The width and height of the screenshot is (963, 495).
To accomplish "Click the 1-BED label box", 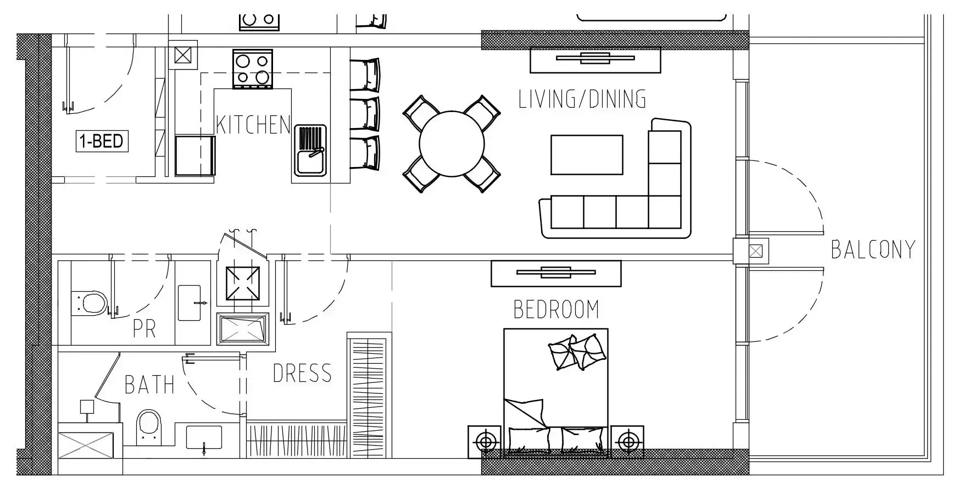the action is (x=102, y=141).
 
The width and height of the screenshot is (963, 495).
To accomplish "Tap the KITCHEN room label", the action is (x=253, y=125).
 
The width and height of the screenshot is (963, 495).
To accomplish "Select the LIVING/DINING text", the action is (x=582, y=99).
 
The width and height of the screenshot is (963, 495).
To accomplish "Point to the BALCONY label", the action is (x=873, y=249).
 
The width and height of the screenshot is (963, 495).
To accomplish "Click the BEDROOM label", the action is (x=556, y=309).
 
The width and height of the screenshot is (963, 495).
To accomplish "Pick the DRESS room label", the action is (x=302, y=374).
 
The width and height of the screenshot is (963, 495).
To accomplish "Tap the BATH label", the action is (x=149, y=385).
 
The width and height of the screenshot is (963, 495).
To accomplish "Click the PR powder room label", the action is (x=144, y=329).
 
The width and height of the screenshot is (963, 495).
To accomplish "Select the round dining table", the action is (x=452, y=144).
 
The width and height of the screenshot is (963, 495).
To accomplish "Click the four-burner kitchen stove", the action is (x=253, y=69).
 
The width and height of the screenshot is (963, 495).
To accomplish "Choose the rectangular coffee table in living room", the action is (x=587, y=155).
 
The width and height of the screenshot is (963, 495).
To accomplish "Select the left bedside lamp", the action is (x=485, y=441).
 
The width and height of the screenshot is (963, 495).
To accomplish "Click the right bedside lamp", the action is (x=627, y=441).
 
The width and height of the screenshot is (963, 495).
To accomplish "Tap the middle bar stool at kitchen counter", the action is (x=365, y=114).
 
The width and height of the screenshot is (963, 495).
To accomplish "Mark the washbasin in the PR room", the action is (x=192, y=302).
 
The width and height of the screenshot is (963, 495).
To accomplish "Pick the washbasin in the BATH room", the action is (x=204, y=438).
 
